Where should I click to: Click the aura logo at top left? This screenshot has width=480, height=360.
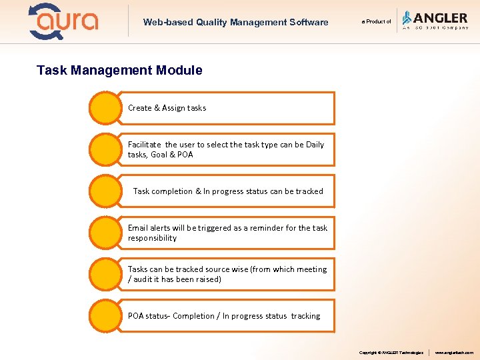point(63,21)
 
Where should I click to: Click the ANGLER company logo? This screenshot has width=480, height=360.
point(435,21)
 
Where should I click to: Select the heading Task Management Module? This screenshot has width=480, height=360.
point(119,70)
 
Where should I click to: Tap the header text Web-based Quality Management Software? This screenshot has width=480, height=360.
point(235,22)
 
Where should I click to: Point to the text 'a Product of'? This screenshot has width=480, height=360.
point(377,21)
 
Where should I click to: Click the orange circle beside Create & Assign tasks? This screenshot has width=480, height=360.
point(105,108)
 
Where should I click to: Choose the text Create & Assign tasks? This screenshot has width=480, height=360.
point(167,108)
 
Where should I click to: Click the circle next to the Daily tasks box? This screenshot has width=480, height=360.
point(105,149)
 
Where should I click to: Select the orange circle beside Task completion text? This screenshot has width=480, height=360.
point(105,191)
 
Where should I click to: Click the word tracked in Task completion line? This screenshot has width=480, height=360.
point(309,191)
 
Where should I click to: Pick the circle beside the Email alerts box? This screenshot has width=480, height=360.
point(105,233)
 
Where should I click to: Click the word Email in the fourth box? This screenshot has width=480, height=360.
point(139,228)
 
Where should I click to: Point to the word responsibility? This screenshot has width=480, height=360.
point(152,238)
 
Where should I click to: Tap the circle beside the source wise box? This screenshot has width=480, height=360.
point(105,274)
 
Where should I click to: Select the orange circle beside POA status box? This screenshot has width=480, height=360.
point(105,315)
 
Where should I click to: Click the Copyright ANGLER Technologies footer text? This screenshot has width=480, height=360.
point(391,352)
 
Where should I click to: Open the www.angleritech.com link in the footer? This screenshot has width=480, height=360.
point(454,352)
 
